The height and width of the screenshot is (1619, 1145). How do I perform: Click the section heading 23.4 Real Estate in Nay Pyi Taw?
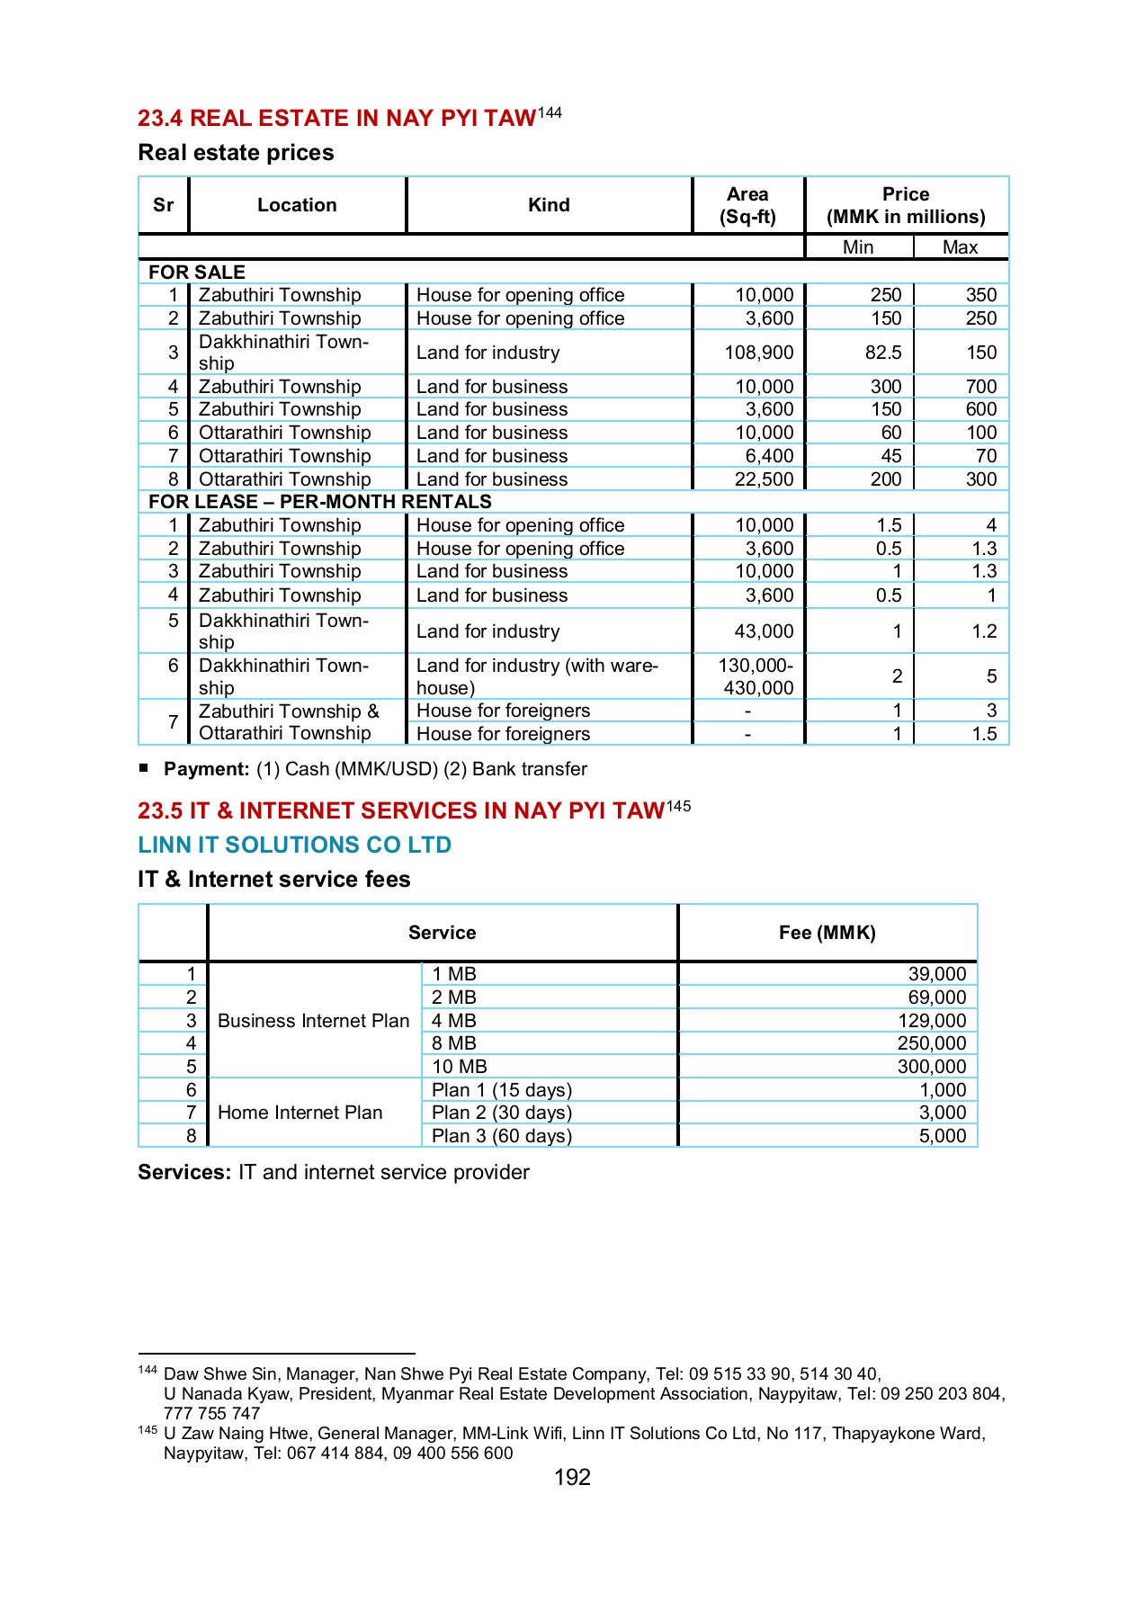337,119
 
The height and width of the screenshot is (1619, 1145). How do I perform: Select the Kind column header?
549,205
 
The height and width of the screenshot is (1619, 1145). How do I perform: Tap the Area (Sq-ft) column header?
747,205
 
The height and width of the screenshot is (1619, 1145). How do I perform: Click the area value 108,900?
758,353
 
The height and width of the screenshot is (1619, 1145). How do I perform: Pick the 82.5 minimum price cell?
882,353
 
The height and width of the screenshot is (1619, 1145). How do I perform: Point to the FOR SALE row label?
197,272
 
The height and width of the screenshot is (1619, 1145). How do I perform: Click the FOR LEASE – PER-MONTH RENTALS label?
320,502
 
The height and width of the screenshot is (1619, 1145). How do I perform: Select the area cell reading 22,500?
764,479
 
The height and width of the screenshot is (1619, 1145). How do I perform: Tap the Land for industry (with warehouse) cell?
537,676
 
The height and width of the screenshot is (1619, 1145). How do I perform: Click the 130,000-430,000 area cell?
756,676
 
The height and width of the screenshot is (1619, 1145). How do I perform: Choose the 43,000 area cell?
764,631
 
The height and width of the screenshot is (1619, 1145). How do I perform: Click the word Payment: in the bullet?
206,769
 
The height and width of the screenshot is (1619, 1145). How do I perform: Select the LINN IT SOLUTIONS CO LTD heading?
294,845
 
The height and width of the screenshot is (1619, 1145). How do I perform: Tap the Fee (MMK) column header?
827,933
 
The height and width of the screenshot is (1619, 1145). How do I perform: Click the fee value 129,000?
932,1021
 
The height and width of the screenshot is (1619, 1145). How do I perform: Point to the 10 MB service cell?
459,1067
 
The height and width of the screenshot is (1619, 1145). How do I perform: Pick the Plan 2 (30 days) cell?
501,1113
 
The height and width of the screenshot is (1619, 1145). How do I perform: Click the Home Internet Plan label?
300,1113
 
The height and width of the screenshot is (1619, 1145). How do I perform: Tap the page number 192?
572,1478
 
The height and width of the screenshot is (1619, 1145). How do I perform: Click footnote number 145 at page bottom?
148,1430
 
